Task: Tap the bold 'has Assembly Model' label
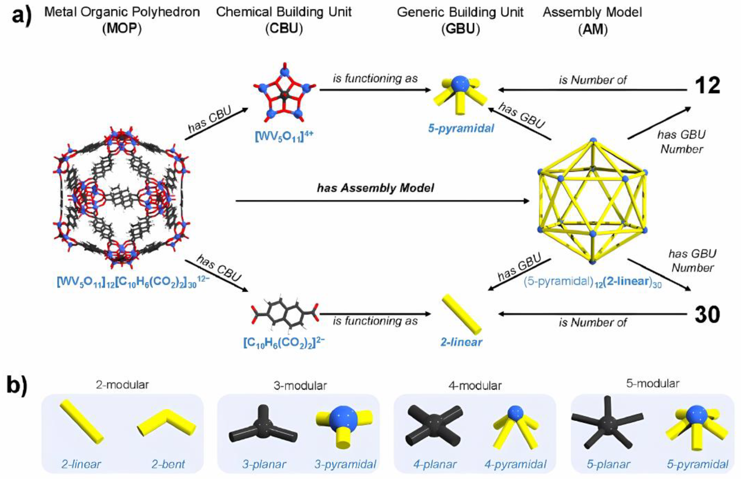375,188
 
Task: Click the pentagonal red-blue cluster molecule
284,95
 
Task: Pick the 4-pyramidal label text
515,464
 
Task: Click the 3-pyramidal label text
345,464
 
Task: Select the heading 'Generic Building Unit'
460,12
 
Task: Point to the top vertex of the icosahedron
593,140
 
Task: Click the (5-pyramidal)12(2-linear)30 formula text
593,282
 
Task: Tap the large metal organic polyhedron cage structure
121,198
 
